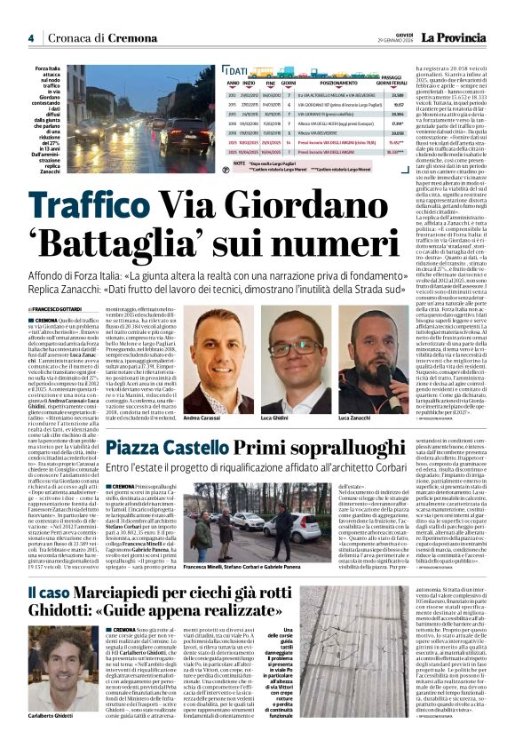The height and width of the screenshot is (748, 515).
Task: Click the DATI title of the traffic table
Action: (236, 70)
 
